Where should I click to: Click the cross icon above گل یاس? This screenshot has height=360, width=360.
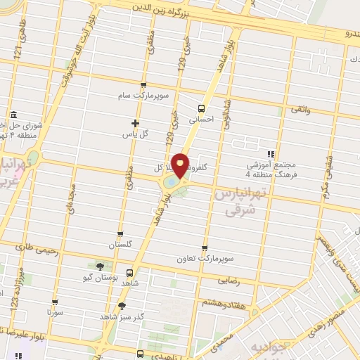pos(144,123)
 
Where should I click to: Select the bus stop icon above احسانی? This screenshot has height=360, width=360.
pos(202,108)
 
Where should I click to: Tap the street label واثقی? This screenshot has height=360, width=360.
pos(299,109)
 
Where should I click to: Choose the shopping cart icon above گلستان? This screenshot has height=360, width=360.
pos(120,235)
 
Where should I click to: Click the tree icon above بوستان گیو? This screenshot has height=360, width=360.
pos(100,266)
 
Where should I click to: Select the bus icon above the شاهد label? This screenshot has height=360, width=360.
pos(129,273)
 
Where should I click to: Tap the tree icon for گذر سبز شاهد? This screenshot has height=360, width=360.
pos(122,305)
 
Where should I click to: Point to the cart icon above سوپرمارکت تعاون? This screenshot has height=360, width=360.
pos(205,248)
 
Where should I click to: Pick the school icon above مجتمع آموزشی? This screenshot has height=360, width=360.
pos(270,154)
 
